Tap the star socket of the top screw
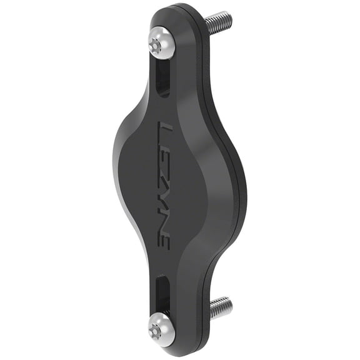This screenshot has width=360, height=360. (156, 44)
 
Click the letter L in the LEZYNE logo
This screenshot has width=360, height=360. (166, 132)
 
